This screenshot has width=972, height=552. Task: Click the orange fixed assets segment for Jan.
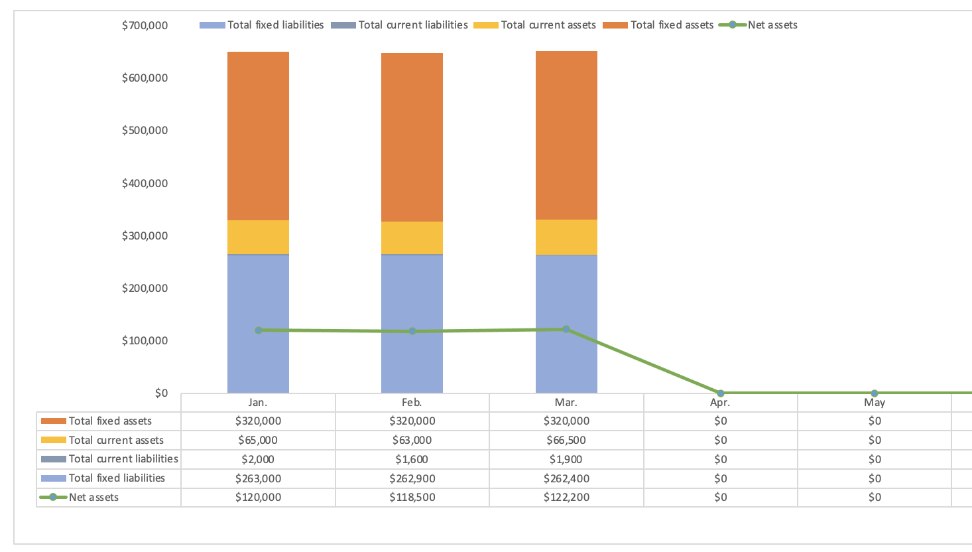coord(258,136)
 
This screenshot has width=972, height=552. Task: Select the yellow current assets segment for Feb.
coord(412,238)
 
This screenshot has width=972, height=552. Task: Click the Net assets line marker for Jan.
coord(259,330)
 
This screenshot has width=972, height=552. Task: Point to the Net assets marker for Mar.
coord(566,329)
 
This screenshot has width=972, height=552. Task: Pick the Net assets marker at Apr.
coord(721,393)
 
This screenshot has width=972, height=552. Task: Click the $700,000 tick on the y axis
coord(145,25)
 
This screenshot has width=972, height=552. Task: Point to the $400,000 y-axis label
coord(145,183)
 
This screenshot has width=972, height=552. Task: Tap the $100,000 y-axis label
coord(145,341)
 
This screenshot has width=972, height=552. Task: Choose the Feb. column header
coord(412,403)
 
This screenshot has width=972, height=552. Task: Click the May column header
coord(875,403)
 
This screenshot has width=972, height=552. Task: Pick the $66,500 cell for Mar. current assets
coord(566,441)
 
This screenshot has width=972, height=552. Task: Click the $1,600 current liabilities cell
coord(412,459)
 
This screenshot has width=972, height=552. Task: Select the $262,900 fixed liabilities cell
coord(412,478)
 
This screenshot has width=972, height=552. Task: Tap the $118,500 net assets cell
coord(412,498)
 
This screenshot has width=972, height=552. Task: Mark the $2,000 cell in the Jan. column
coord(258,459)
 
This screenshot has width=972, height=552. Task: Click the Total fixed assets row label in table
coord(110,421)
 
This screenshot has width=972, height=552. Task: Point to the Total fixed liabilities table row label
coord(117,478)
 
